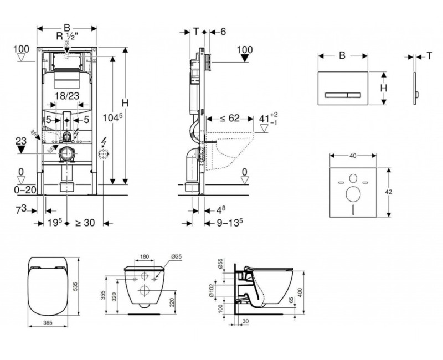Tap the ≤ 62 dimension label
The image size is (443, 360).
click(x=230, y=118)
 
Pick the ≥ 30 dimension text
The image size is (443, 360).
click(x=85, y=223)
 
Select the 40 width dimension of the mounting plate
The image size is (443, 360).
click(x=352, y=157)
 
